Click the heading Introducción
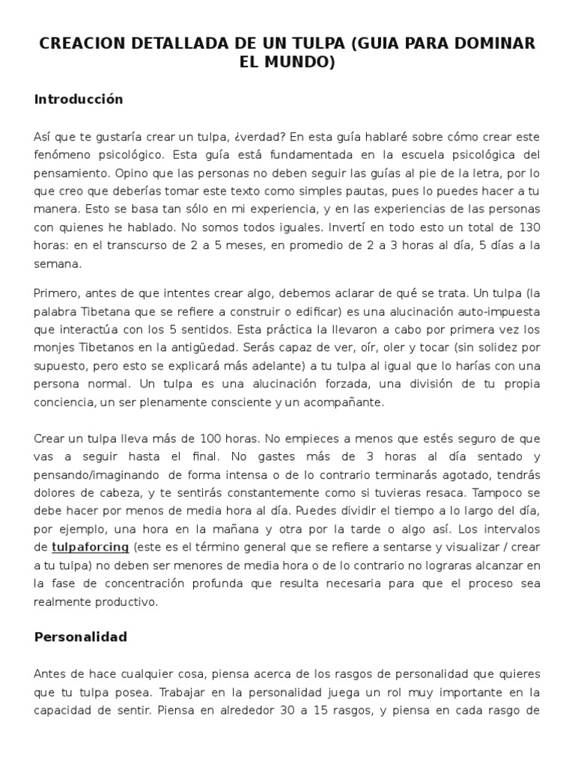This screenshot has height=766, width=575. click(79, 99)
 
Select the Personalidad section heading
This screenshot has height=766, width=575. click(81, 637)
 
